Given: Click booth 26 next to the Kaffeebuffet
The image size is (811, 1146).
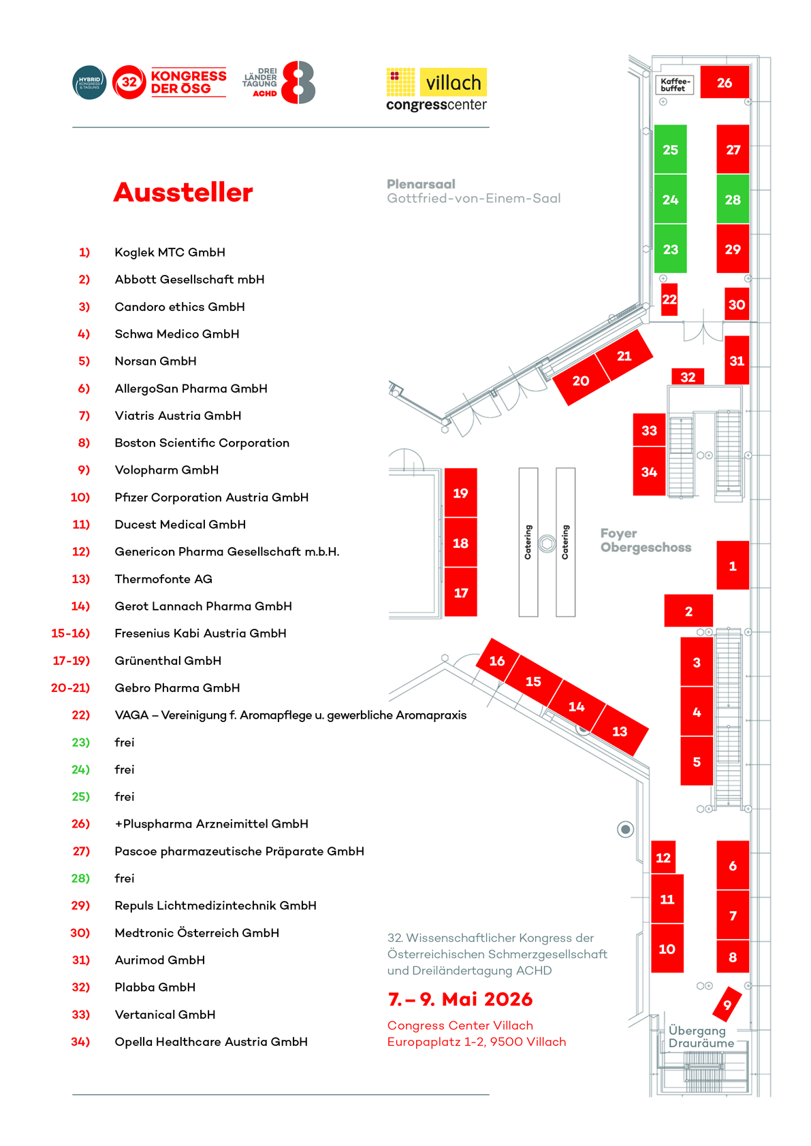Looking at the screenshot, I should (x=725, y=82).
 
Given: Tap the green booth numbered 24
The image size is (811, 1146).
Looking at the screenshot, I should (x=670, y=199).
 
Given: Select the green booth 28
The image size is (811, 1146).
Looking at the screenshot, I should (x=733, y=199).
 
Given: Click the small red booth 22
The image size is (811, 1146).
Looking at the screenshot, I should (x=669, y=299).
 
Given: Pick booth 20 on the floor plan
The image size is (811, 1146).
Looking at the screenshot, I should (x=581, y=380).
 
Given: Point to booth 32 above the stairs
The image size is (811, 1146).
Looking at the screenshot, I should (x=688, y=377).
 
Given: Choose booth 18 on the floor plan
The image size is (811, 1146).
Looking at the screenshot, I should (x=460, y=543).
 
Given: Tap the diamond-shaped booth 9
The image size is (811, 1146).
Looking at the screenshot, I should (x=727, y=1004).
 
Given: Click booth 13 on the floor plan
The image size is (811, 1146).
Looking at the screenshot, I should (x=620, y=731).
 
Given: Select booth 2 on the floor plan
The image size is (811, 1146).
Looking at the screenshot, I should (x=688, y=611).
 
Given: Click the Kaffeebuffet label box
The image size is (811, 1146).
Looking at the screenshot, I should (x=675, y=84).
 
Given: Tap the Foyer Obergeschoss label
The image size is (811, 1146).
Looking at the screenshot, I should (x=645, y=540).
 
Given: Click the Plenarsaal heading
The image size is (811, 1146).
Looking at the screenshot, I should (x=421, y=184).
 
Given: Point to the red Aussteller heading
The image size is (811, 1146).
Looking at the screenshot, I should (x=183, y=193).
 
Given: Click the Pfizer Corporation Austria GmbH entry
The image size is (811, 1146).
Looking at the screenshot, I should (x=211, y=497).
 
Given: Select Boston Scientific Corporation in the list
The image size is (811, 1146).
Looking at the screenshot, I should (x=202, y=443).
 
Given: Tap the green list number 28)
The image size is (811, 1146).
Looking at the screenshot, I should (x=80, y=878).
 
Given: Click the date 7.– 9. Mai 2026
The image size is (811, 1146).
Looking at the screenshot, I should (x=460, y=999).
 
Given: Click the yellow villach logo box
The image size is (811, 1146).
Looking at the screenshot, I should (x=453, y=82).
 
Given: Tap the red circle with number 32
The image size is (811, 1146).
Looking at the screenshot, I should (x=129, y=82).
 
